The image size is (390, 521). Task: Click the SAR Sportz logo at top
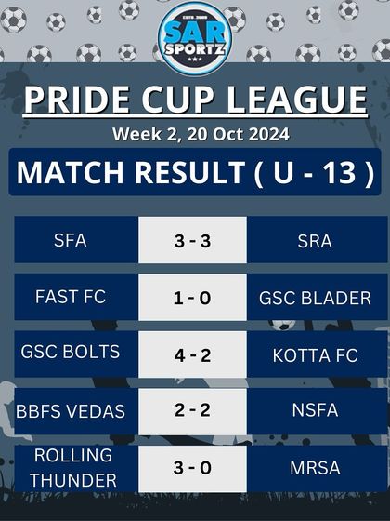194,37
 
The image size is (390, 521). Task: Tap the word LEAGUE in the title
297,100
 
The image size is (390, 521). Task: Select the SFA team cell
71,240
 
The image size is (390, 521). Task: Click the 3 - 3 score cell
192,240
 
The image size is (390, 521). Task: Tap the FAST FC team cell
71,298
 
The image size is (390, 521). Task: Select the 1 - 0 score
192,298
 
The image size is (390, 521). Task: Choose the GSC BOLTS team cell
71,354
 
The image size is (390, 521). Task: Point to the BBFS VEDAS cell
71,410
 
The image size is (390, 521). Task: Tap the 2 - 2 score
192,410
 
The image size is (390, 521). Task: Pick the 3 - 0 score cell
192,467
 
